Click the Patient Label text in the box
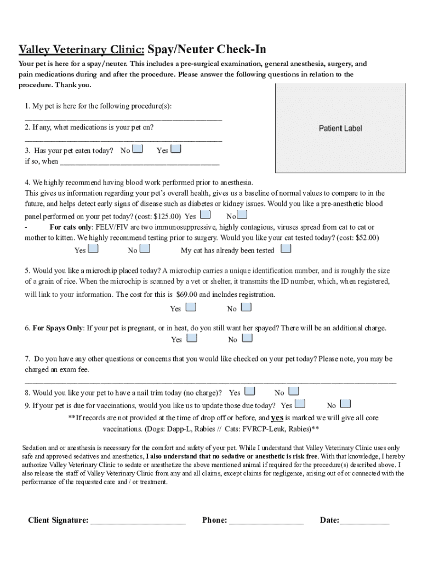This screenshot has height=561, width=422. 340,128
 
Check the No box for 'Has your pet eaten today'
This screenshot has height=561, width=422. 139,149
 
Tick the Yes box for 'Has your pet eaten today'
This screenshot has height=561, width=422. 176,149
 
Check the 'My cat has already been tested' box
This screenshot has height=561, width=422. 286,249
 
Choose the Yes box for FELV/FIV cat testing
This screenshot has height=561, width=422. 94,249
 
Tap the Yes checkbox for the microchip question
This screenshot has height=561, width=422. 191,307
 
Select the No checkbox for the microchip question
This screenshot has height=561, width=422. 247,307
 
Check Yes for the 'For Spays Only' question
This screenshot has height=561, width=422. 192,338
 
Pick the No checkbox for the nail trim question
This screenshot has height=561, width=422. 294,391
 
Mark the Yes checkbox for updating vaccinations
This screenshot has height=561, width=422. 300,404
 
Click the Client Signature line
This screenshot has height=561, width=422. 138,522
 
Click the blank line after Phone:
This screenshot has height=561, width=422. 266,522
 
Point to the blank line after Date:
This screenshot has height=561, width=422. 364,522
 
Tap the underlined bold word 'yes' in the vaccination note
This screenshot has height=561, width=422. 277,417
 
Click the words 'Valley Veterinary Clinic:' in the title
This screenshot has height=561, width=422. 82,50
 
